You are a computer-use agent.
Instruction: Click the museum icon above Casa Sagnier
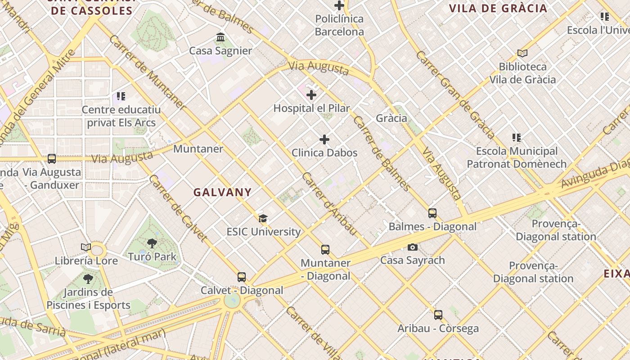[220, 37]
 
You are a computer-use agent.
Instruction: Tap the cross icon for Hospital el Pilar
[311, 95]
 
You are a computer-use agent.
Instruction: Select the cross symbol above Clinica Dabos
[324, 139]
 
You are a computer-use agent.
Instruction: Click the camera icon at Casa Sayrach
[413, 247]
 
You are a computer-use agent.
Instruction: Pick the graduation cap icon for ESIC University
[263, 219]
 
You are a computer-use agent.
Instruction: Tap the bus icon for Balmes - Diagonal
[432, 213]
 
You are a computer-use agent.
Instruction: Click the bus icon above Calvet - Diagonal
[242, 277]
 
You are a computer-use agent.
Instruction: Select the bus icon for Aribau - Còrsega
[438, 315]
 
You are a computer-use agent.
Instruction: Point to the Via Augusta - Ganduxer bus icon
[52, 159]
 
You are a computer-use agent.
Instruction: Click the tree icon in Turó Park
[152, 243]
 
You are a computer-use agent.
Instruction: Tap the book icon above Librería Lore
[86, 247]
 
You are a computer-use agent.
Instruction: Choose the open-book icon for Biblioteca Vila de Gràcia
[522, 54]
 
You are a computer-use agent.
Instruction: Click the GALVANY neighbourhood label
[223, 192]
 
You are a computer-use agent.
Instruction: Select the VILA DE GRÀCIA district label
[498, 8]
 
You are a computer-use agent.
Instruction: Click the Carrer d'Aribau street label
[329, 204]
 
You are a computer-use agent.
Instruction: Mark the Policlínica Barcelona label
[339, 25]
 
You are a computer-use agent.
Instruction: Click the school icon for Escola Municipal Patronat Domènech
[516, 138]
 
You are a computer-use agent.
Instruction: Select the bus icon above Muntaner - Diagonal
[325, 250]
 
